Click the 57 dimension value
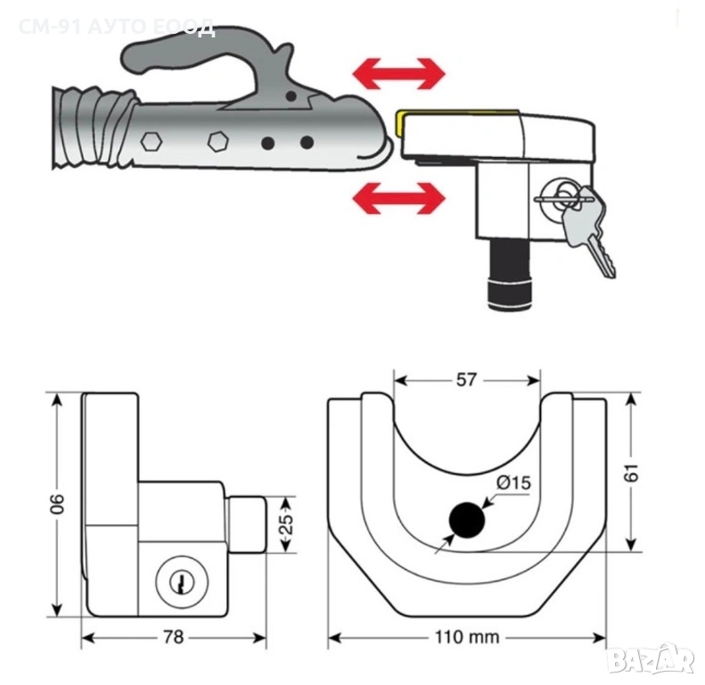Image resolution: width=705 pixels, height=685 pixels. (465, 380)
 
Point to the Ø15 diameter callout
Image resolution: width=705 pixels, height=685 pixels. (513, 483)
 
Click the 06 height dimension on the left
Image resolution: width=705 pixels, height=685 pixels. (56, 504)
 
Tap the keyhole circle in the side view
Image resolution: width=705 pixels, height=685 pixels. (180, 583)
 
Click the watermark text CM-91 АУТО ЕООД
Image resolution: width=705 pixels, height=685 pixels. (116, 27)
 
